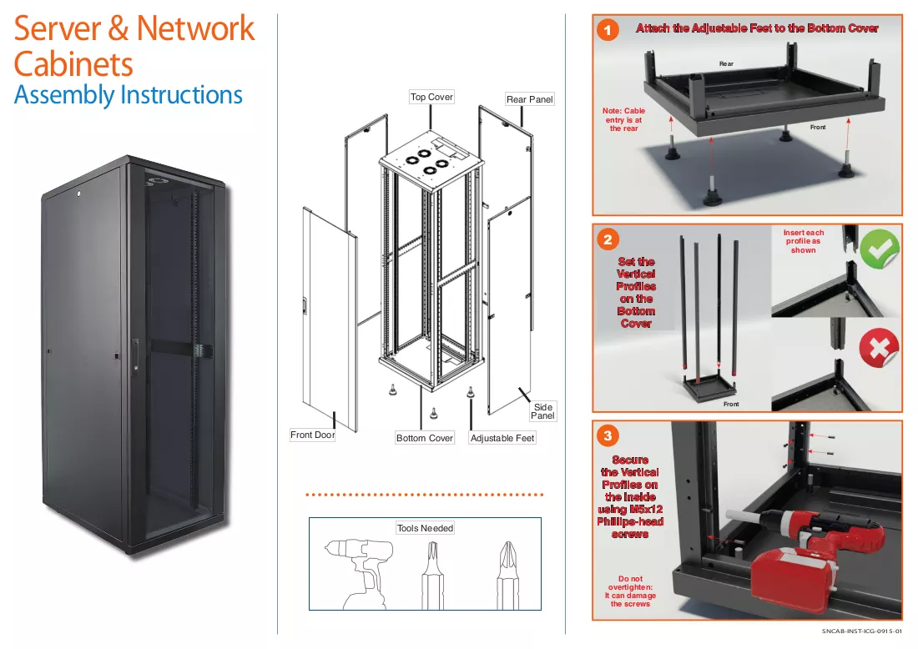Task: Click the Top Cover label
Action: pyautogui.click(x=431, y=97)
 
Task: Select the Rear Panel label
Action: pyautogui.click(x=529, y=99)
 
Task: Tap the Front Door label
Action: pyautogui.click(x=313, y=435)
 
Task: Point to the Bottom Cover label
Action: pyautogui.click(x=425, y=438)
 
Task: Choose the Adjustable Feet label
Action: pyautogui.click(x=502, y=438)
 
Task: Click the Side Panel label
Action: pyautogui.click(x=542, y=410)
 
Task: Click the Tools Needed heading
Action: pyautogui.click(x=425, y=528)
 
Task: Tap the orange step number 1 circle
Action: pyautogui.click(x=608, y=30)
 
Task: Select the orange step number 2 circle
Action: pyautogui.click(x=608, y=239)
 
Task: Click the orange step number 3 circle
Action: pyautogui.click(x=608, y=435)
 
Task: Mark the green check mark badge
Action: pyautogui.click(x=880, y=249)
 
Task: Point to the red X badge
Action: pyautogui.click(x=879, y=348)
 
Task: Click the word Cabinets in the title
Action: pyautogui.click(x=73, y=63)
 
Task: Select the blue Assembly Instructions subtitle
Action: pyautogui.click(x=129, y=95)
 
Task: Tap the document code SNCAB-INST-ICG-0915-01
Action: pyautogui.click(x=862, y=631)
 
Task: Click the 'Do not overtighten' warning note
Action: pyautogui.click(x=631, y=591)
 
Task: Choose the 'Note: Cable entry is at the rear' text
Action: pyautogui.click(x=623, y=119)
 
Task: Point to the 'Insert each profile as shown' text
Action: pyautogui.click(x=803, y=241)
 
